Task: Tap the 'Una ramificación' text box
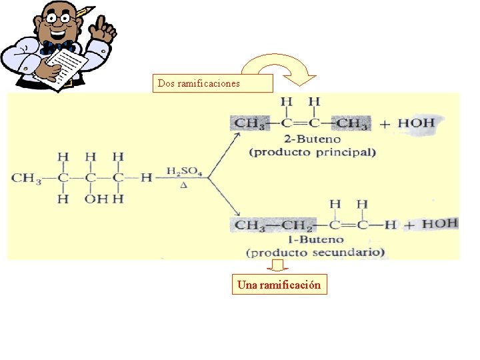tap(279, 285)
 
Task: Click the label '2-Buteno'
tap(312, 139)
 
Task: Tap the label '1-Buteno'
tap(316, 239)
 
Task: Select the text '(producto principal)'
tap(312, 152)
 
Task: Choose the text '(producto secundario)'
tap(316, 252)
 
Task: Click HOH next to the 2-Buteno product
tap(416, 123)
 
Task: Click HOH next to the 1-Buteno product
tap(439, 223)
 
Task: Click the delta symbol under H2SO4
tap(183, 185)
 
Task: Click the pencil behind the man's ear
tap(84, 11)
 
